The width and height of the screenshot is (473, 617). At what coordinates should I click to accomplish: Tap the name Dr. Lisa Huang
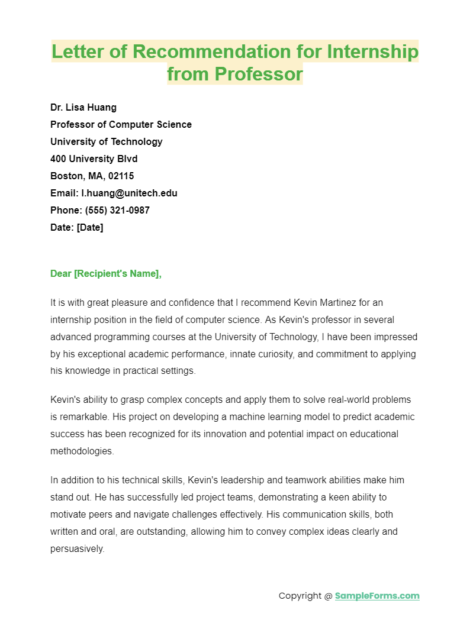tap(83, 107)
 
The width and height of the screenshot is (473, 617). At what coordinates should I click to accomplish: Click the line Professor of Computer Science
tap(121, 124)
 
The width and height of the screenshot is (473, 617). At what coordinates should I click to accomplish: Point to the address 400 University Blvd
tap(94, 159)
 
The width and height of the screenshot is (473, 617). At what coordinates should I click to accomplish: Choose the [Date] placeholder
tap(90, 227)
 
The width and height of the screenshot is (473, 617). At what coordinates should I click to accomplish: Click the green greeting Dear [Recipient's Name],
tap(106, 273)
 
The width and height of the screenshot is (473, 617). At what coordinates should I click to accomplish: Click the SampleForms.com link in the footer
tap(377, 596)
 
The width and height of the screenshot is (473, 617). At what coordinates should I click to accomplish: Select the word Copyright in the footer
tap(301, 596)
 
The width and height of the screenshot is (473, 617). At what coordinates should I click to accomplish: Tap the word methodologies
tap(82, 451)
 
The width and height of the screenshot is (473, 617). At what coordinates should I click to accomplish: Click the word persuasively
tap(77, 548)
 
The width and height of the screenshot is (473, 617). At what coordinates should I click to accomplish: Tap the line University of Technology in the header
tap(107, 141)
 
